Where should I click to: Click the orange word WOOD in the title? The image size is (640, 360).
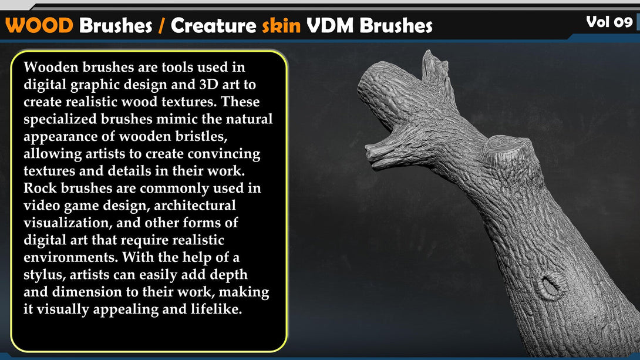point(39,26)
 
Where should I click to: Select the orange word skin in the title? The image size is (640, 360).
point(281,26)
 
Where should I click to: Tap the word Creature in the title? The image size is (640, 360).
point(213,26)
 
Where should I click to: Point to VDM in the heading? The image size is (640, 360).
point(329,26)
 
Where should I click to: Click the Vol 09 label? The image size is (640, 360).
point(609,21)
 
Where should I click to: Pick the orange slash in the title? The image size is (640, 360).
point(161,26)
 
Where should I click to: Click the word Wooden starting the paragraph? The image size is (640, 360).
point(51,67)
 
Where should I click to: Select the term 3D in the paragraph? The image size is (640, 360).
point(208,84)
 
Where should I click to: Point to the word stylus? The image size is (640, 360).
point(45,275)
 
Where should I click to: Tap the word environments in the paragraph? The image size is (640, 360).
point(71,257)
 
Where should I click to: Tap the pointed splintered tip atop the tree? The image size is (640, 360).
point(429,53)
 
